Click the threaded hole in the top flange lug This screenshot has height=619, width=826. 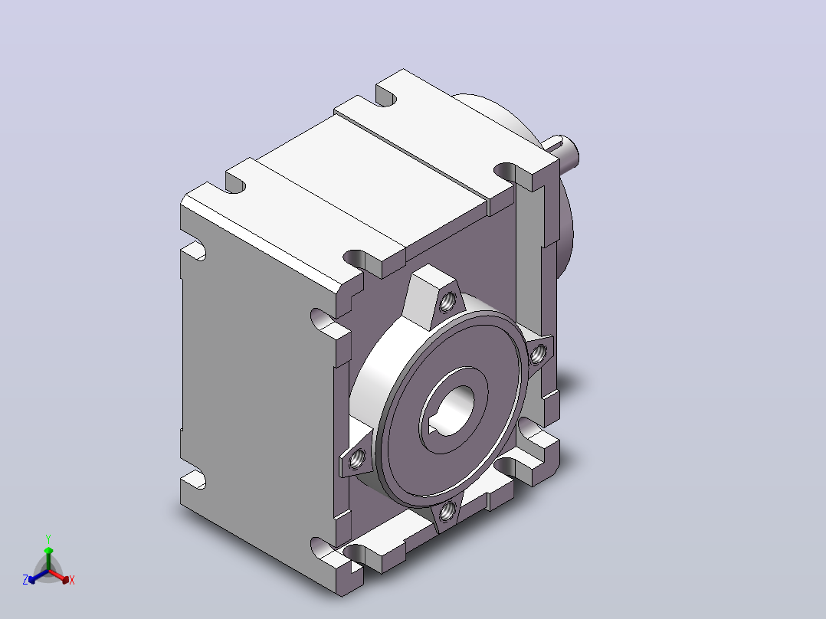447,302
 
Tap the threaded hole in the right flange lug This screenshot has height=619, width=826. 537,355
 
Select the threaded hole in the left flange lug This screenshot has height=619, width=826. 356,460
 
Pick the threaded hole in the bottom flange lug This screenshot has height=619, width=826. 447,510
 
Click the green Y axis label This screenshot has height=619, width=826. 48,539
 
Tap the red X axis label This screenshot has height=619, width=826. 72,580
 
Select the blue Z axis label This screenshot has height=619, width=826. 25,580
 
